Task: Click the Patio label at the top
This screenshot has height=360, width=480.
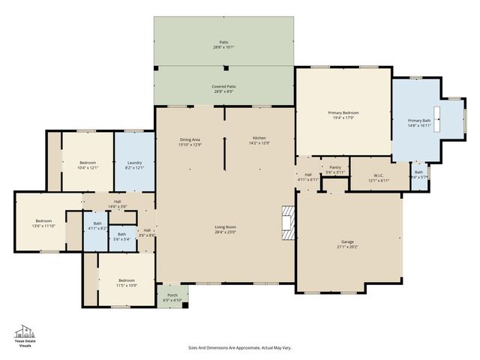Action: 223,44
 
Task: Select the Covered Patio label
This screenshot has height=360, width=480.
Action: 223,88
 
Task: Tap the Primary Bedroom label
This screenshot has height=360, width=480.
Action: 344,115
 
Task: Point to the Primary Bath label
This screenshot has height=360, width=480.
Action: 419,123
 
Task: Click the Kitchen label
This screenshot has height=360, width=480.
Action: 259,140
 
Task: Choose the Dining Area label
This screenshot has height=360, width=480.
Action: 190,142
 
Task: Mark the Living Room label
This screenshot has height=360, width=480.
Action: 225,229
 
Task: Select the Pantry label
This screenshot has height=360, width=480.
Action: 334,170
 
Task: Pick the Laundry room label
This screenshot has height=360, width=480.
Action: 134,165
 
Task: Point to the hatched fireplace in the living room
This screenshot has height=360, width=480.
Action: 287,222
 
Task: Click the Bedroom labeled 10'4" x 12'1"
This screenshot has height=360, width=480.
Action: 88,165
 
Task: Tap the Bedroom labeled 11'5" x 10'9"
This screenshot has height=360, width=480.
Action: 125,283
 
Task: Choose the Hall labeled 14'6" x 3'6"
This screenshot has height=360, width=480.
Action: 118,203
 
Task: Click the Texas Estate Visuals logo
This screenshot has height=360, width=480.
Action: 25,336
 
